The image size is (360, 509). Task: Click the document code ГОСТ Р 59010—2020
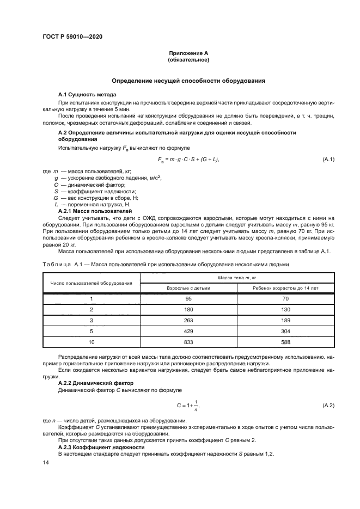tap(72, 36)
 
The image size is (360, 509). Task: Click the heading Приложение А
tap(188, 53)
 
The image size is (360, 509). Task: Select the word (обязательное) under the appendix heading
tap(188, 59)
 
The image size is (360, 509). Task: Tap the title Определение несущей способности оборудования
tap(188, 81)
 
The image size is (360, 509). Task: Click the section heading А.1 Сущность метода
tap(87, 95)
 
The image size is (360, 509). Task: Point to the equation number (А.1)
tap(328, 159)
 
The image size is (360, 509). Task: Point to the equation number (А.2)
tap(328, 406)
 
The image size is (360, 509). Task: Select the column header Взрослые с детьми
tap(188, 287)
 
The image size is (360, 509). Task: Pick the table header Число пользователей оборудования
tap(91, 283)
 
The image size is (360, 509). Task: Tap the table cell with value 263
tap(188, 320)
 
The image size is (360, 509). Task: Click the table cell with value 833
tap(188, 341)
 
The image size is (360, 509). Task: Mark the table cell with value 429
tap(188, 331)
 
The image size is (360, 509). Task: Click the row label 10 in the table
tap(91, 341)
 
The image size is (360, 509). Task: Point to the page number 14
tap(46, 462)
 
